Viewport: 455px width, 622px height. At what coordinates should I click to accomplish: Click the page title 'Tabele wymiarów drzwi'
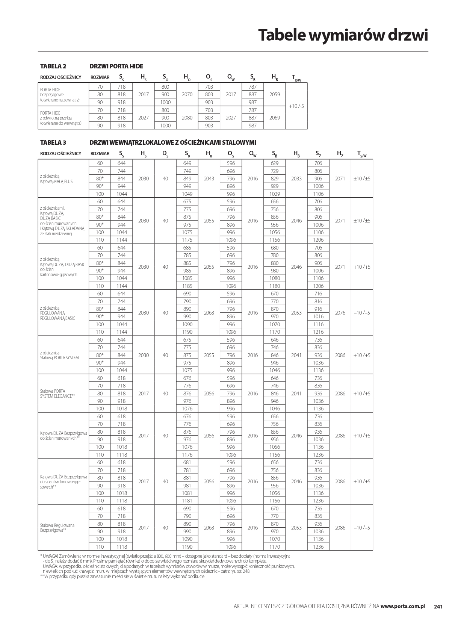tap(343, 35)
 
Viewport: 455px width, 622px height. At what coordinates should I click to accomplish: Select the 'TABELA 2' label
tap(53, 66)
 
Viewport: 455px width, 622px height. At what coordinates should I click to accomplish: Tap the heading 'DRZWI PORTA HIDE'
tap(116, 66)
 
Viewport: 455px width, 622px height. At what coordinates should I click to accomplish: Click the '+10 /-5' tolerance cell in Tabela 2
tap(296, 106)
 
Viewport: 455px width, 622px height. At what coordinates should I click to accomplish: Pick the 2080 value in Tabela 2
tap(187, 118)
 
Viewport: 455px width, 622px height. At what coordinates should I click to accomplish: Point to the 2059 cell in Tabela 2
tap(275, 94)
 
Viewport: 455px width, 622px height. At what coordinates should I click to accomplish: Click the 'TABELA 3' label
tap(53, 142)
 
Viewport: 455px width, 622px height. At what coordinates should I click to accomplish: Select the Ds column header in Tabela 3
tap(165, 153)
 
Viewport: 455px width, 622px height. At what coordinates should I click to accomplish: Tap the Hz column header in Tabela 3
tap(340, 153)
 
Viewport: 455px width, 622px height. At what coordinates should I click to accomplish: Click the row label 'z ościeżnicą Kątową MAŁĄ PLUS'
tap(56, 179)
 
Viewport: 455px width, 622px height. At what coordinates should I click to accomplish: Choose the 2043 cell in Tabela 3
tap(209, 179)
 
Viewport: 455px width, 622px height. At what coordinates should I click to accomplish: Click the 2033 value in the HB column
tap(296, 179)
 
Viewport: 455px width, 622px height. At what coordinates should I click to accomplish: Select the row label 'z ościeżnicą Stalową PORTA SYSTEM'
tap(59, 355)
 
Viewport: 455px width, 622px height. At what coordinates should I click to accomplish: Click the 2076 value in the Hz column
tap(340, 313)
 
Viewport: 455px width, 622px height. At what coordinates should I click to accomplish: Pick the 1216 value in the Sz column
tap(318, 332)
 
